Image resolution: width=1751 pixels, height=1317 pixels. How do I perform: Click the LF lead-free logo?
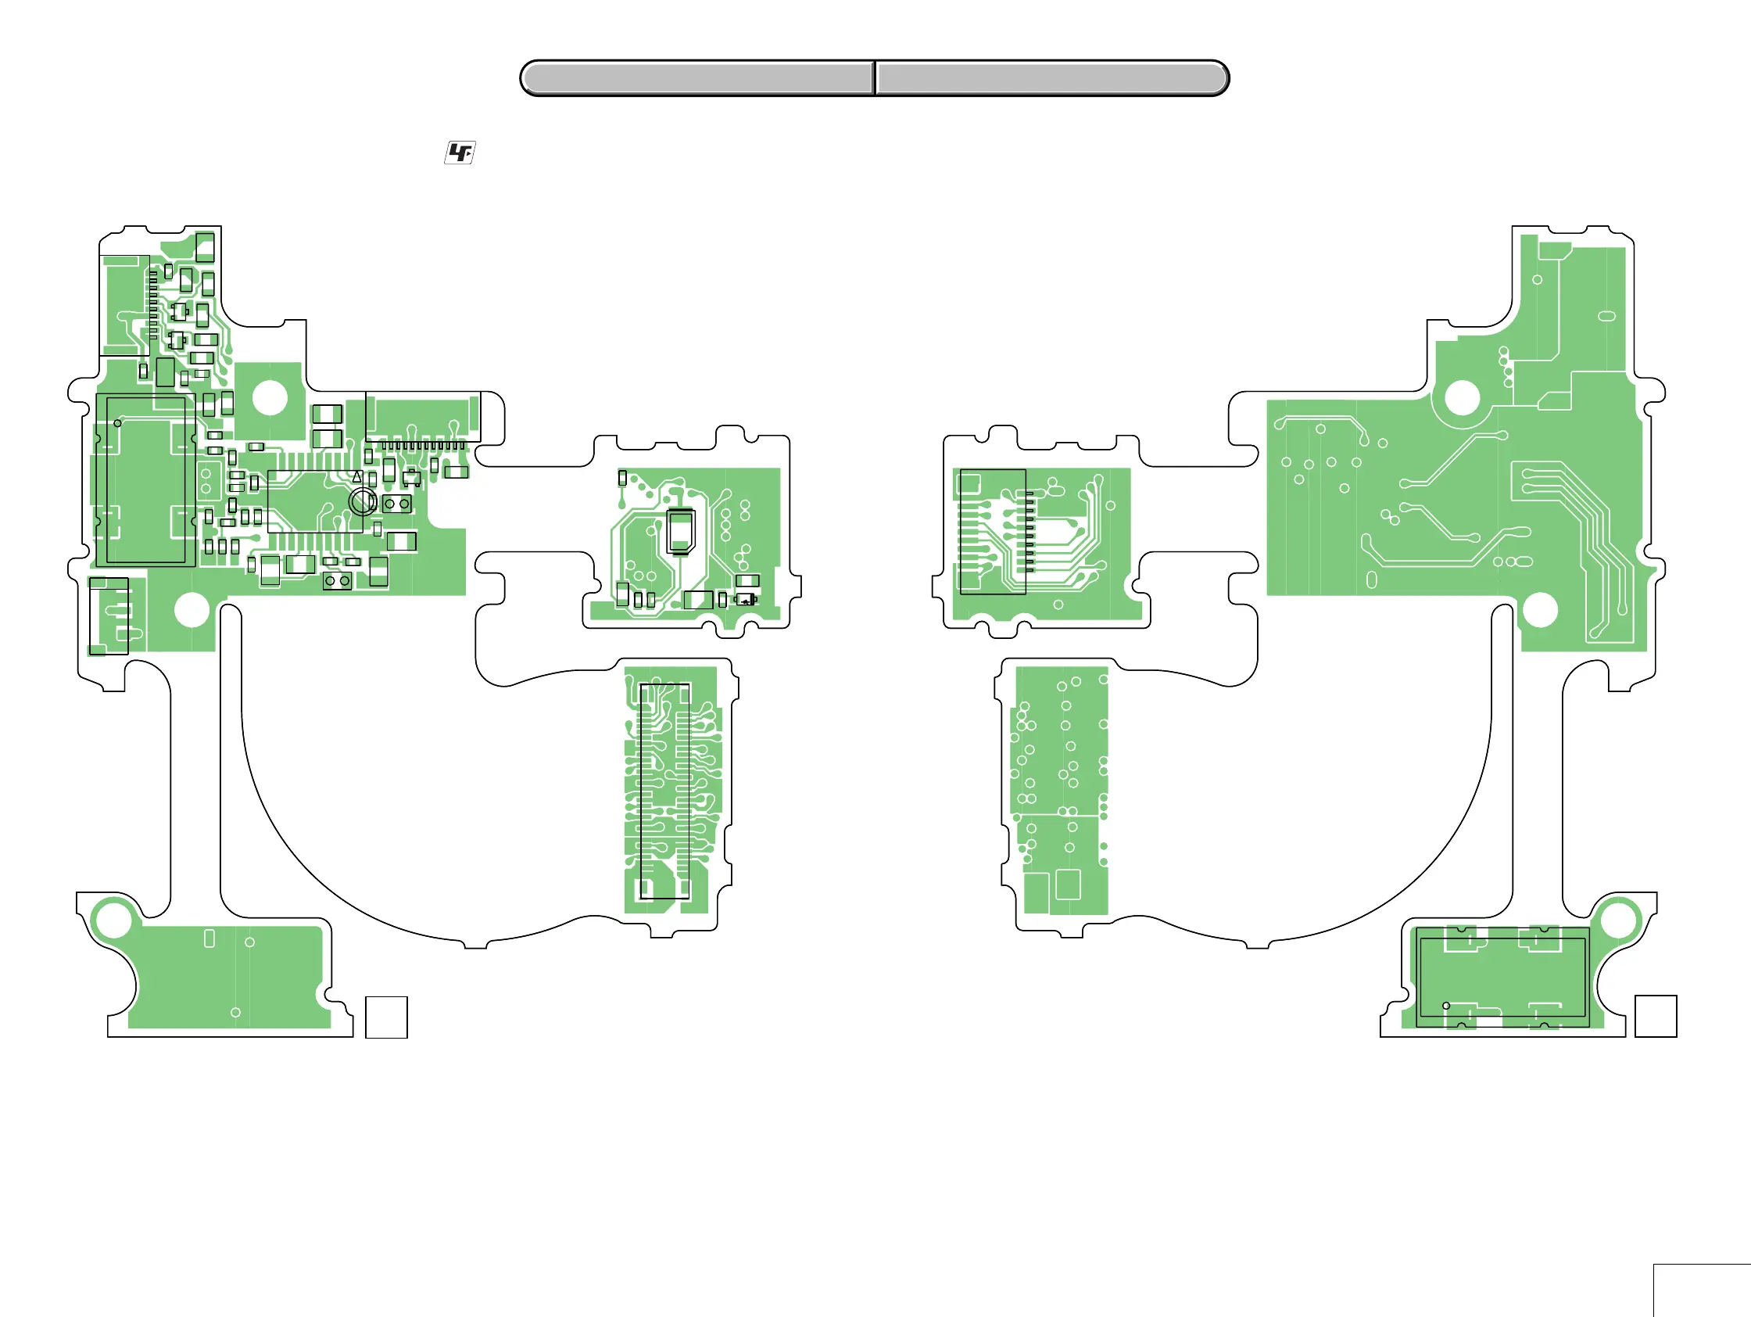pos(460,152)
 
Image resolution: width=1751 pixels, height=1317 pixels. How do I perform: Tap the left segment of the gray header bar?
pos(696,78)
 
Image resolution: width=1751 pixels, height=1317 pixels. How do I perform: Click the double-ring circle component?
pos(363,501)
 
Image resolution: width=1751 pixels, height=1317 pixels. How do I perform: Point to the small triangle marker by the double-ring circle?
pos(358,477)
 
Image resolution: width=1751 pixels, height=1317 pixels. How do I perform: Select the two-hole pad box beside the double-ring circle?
pos(396,504)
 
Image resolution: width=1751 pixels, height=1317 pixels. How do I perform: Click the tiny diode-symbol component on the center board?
pos(746,600)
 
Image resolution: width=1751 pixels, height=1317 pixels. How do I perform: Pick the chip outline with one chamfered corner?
pos(681,531)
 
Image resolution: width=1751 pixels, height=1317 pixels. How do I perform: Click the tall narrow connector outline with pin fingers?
pos(664,791)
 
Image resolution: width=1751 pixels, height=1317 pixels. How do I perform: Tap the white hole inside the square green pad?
pos(270,397)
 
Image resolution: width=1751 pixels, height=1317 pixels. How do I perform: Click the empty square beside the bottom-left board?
pos(386,1017)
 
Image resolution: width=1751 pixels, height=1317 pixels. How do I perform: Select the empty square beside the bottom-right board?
pos(1656,1016)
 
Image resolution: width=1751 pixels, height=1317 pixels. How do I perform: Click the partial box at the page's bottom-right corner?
pos(1702,1291)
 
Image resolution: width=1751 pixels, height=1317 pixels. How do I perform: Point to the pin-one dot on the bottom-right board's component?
pos(1446,1006)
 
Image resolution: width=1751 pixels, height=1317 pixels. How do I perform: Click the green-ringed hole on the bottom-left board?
pos(113,920)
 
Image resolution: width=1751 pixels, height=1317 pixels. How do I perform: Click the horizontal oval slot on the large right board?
pos(1607,316)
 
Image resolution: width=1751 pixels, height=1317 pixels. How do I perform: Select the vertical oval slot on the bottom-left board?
pos(209,938)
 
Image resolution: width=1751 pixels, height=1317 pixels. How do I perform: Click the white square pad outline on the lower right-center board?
pos(1068,884)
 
